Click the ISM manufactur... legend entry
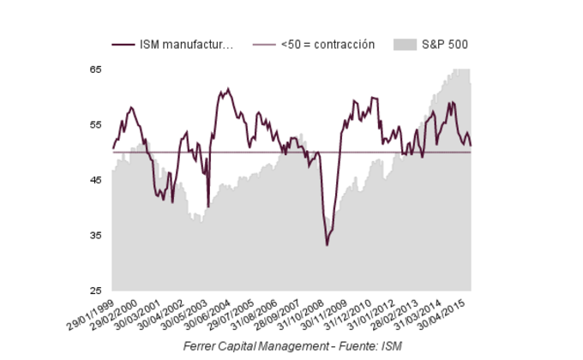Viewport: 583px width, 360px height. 184,45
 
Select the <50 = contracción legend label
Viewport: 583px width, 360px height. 328,45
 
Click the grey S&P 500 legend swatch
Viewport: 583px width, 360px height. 405,45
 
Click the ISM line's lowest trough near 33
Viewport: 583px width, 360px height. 327,246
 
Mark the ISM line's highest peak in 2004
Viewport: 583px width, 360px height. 228,88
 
